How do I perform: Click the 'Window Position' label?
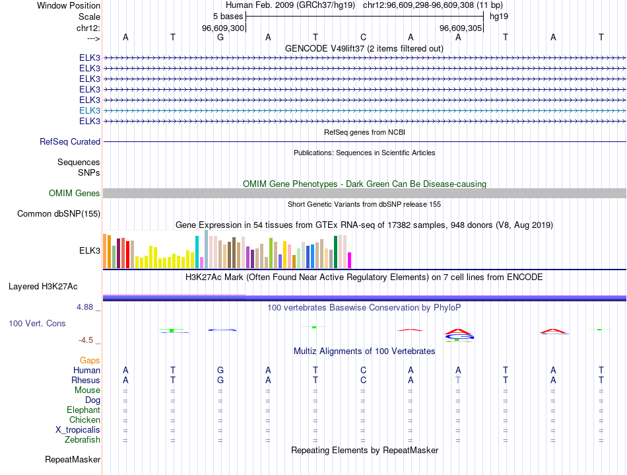(69, 5)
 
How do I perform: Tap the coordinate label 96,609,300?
(223, 28)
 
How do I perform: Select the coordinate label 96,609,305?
(461, 28)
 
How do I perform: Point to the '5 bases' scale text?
(228, 17)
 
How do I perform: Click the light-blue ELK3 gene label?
(90, 110)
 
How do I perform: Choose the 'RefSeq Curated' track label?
(70, 141)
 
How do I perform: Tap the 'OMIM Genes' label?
(75, 193)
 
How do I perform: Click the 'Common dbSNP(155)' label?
(59, 213)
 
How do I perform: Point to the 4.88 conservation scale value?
(86, 308)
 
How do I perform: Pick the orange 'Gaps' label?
(90, 360)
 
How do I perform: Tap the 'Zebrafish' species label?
(82, 439)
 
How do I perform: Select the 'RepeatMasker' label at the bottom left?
(73, 459)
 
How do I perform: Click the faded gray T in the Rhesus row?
(458, 380)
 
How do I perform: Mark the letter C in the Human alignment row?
(363, 370)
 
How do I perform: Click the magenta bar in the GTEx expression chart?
(350, 260)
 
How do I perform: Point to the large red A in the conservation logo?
(458, 330)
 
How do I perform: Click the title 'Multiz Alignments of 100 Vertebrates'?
(364, 351)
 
